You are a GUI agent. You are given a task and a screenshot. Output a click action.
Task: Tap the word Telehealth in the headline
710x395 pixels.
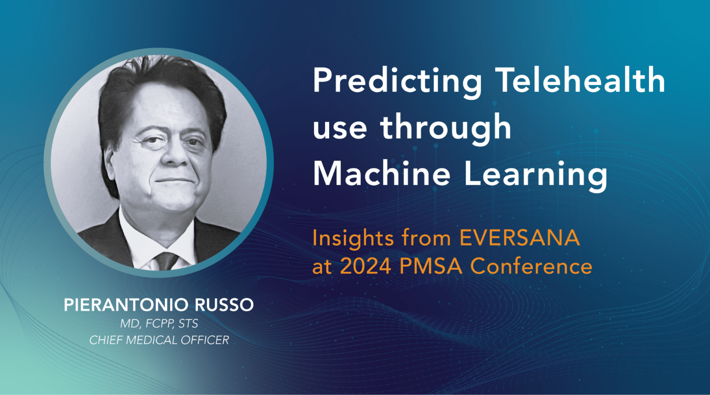[580, 80]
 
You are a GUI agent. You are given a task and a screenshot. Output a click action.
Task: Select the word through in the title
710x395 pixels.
[446, 128]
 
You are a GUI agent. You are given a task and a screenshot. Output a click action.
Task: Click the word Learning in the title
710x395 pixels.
[535, 175]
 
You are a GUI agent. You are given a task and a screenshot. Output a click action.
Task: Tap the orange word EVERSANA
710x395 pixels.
[519, 238]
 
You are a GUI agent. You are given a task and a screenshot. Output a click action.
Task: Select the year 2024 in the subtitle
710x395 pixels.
[366, 266]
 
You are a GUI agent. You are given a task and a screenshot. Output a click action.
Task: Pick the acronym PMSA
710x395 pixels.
[431, 266]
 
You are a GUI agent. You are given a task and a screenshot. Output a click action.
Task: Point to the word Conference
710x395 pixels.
[531, 266]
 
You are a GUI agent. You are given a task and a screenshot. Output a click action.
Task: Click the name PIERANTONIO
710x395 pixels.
[126, 305]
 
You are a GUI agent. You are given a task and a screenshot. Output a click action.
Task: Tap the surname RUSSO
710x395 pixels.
[224, 305]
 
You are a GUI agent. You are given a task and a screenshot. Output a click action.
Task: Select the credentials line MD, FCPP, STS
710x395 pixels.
[159, 323]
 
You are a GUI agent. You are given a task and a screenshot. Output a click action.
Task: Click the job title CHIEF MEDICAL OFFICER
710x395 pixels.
[159, 340]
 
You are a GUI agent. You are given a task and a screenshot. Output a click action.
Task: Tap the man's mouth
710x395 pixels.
[174, 181]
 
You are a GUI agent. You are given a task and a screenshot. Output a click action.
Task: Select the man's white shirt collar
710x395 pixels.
[139, 241]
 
